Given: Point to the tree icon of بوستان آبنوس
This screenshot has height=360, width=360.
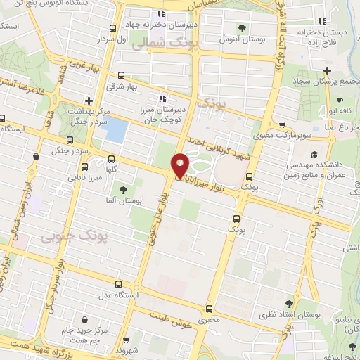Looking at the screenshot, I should [x=243, y=29].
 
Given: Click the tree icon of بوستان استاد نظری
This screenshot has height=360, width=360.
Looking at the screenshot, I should [x=289, y=304].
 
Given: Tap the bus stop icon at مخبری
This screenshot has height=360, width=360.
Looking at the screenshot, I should [x=208, y=309].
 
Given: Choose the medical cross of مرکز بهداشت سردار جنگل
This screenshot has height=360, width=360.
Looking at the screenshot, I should [x=88, y=101].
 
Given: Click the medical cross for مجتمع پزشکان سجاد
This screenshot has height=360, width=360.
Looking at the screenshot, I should [x=327, y=70].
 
